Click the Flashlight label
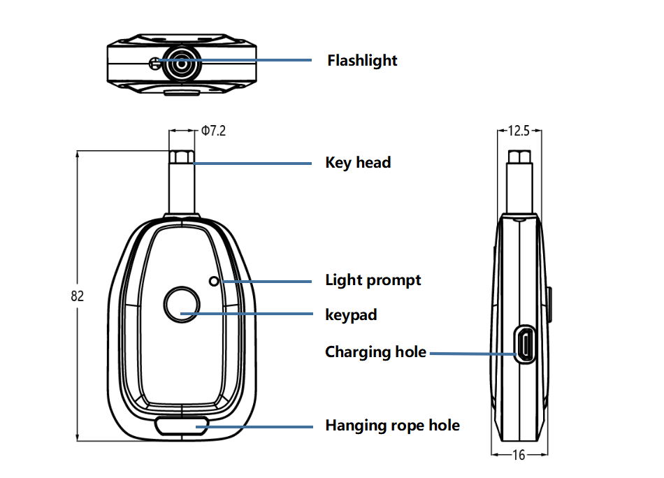pyautogui.click(x=362, y=61)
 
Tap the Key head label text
pyautogui.click(x=358, y=163)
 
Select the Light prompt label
pyautogui.click(x=373, y=280)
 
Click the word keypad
pyautogui.click(x=351, y=315)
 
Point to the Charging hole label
pyautogui.click(x=375, y=352)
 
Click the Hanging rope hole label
pyautogui.click(x=393, y=426)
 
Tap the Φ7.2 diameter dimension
pyautogui.click(x=213, y=131)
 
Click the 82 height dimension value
pyautogui.click(x=77, y=296)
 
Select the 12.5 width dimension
pyautogui.click(x=519, y=131)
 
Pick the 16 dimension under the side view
pyautogui.click(x=519, y=455)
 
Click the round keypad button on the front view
pyautogui.click(x=182, y=305)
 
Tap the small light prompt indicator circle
pyautogui.click(x=215, y=281)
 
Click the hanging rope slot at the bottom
pyautogui.click(x=182, y=426)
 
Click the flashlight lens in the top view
pyautogui.click(x=182, y=64)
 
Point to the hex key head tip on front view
pyautogui.click(x=182, y=157)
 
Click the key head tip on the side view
pyautogui.click(x=519, y=157)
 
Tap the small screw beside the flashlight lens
pyautogui.click(x=154, y=64)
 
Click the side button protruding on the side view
pyautogui.click(x=549, y=305)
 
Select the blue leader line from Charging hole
pyautogui.click(x=473, y=354)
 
